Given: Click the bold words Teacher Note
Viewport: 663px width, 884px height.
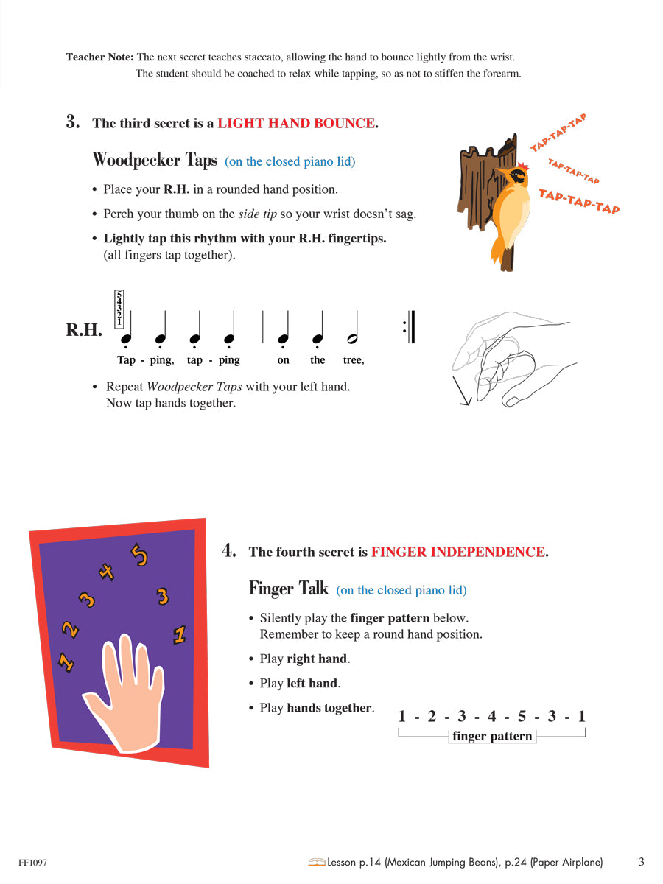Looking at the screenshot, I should tap(99, 57).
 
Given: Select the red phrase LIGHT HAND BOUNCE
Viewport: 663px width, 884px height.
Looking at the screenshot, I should tap(295, 123).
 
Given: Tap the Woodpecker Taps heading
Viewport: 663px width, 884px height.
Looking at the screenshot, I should tap(155, 160).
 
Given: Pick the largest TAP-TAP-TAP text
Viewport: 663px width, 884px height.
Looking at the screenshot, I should tap(578, 200).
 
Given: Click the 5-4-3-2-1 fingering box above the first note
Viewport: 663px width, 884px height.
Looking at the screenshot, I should tap(119, 309).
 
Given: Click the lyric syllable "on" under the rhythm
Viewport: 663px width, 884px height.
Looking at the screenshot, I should tap(284, 360).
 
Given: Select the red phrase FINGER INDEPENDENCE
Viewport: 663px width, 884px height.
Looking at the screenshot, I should tap(457, 552).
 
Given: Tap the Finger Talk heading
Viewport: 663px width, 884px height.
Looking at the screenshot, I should tap(288, 589).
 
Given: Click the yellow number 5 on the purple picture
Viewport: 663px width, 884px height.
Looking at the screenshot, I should tap(139, 554).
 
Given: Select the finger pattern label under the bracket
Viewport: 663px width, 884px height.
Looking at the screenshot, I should tap(491, 736).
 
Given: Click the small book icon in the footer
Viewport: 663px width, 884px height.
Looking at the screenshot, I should tap(317, 862).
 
